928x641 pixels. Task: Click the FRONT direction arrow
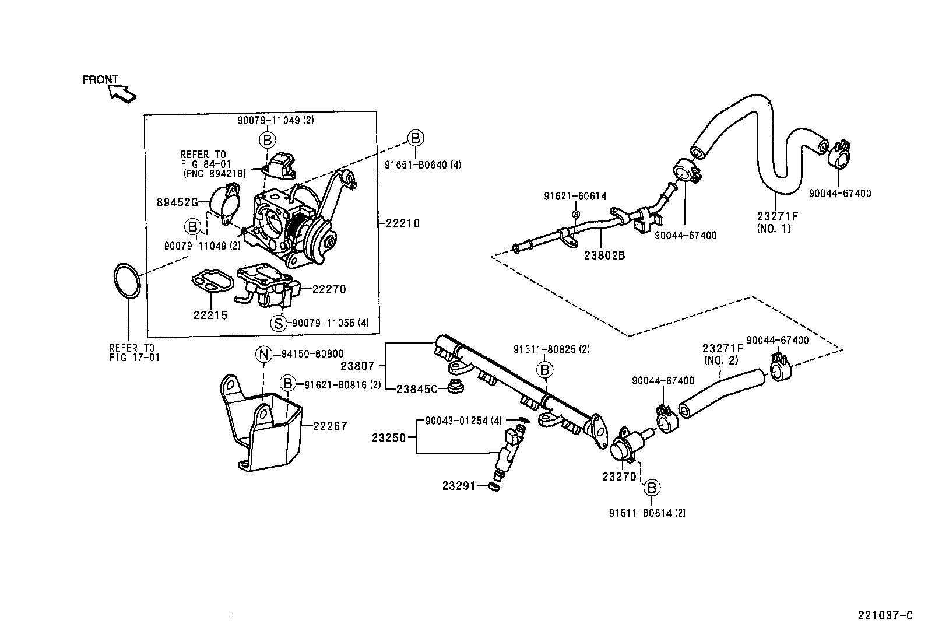123,92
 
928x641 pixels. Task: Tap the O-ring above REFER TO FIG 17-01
126,281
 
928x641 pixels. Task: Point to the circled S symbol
280,323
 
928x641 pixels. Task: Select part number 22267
330,426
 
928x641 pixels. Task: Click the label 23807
357,366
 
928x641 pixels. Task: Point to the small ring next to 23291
493,486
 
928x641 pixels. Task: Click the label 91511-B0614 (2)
647,513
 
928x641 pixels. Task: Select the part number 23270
618,476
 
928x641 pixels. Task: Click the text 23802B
605,254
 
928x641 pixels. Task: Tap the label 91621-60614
575,197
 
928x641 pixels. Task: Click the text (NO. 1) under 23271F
774,229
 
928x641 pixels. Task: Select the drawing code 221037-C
884,615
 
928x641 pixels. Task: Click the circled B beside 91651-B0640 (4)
415,138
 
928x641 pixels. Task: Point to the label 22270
329,289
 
